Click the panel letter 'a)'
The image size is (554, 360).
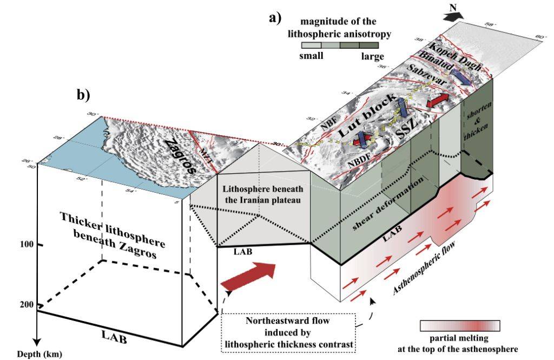coord(275,18)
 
